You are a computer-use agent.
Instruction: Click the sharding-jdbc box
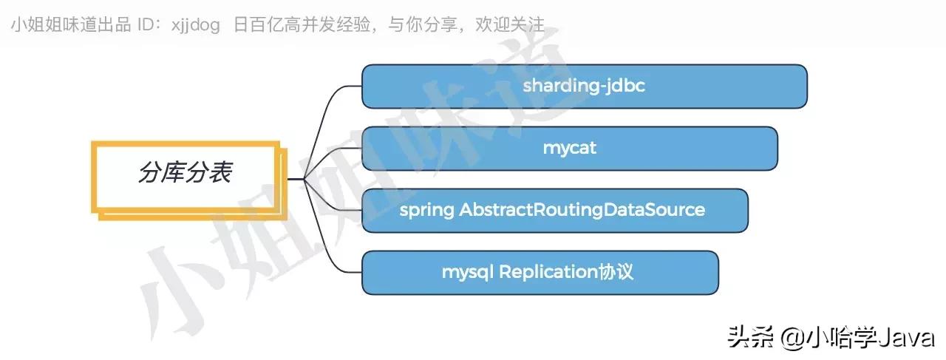point(584,86)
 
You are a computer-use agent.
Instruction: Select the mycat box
point(569,148)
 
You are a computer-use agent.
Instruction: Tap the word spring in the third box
point(426,210)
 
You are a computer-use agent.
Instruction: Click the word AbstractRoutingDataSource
point(582,210)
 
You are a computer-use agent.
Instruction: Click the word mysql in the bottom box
point(467,272)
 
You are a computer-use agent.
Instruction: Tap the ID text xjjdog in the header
point(195,25)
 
